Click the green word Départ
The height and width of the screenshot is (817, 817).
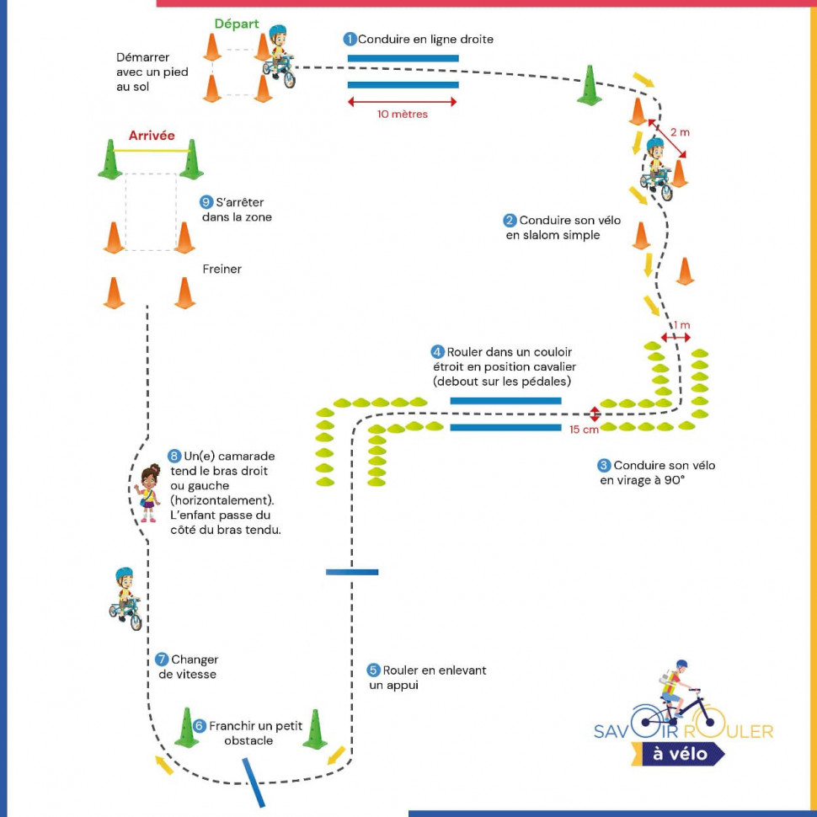pyautogui.click(x=237, y=24)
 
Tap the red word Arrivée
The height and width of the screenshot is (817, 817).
pyautogui.click(x=152, y=136)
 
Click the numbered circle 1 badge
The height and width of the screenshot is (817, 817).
pyautogui.click(x=350, y=40)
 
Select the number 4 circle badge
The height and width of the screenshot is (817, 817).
pyautogui.click(x=437, y=352)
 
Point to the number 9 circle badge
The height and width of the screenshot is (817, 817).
pyautogui.click(x=206, y=202)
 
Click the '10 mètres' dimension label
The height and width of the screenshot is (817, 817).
pyautogui.click(x=403, y=115)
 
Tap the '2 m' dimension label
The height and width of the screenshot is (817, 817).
pyautogui.click(x=680, y=132)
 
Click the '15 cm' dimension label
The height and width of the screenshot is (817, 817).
pyautogui.click(x=585, y=430)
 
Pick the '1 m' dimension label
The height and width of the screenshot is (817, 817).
pyautogui.click(x=681, y=326)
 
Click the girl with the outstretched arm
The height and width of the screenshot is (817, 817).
pyautogui.click(x=148, y=493)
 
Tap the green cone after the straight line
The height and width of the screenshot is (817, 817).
pyautogui.click(x=590, y=86)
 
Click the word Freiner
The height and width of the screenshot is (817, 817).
pyautogui.click(x=222, y=270)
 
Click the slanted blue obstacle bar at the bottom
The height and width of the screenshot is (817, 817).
pyautogui.click(x=254, y=782)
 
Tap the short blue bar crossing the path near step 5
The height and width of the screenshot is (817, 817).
pyautogui.click(x=352, y=572)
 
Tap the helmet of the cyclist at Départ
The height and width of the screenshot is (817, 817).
pyautogui.click(x=278, y=34)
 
